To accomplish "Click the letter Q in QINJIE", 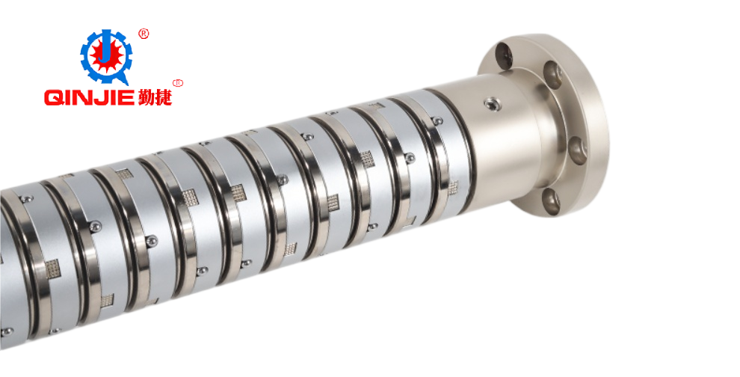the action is (x=54, y=98).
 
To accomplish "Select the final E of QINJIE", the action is (x=128, y=98).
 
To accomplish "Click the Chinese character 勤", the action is (x=146, y=98).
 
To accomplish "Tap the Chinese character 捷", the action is (x=163, y=98).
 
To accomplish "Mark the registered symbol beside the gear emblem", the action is (x=144, y=34).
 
